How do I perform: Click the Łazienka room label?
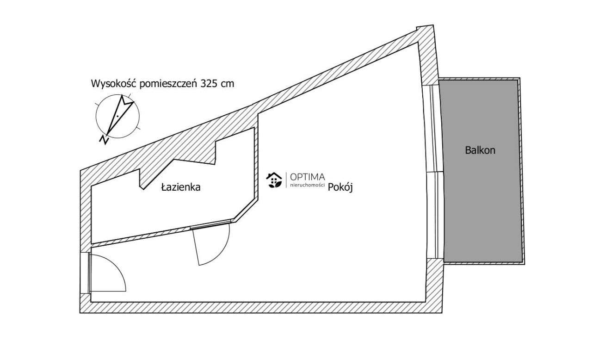click(181, 187)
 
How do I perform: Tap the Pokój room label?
click(340, 187)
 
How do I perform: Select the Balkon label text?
click(480, 150)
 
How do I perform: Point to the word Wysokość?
click(113, 83)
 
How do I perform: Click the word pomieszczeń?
click(168, 84)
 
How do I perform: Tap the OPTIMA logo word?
click(308, 177)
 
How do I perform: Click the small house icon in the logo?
click(274, 180)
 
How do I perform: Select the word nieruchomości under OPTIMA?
click(308, 185)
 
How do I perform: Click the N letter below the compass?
click(104, 140)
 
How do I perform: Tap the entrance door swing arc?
click(116, 267)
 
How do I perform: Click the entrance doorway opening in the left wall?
click(85, 273)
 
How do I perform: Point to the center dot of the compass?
click(117, 116)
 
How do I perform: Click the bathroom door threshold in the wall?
click(210, 224)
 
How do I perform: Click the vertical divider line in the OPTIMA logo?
click(286, 180)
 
